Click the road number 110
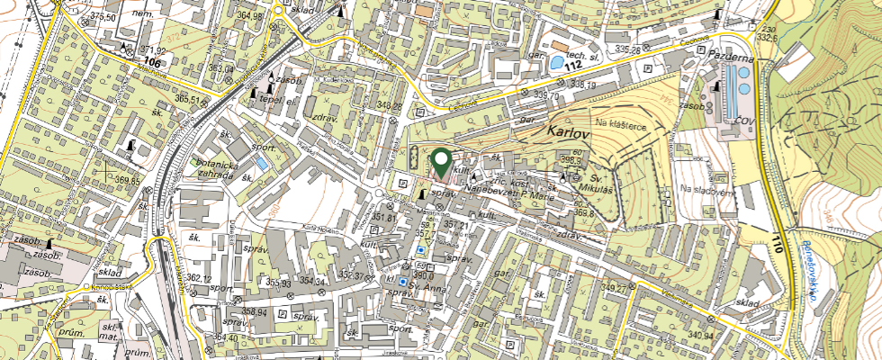click(777, 240)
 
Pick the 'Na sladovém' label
click(703, 189)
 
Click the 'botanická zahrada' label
click(211, 170)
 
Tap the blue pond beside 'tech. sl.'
click(559, 63)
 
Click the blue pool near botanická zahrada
click(261, 165)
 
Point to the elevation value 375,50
click(106, 17)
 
